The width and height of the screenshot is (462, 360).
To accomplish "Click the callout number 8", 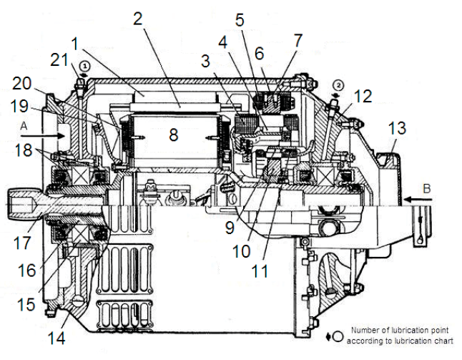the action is (x=174, y=135).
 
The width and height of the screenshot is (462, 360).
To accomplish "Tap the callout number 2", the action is (x=138, y=19).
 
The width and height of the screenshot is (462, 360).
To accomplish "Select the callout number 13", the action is (x=397, y=128).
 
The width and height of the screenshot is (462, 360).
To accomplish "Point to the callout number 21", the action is (x=59, y=60).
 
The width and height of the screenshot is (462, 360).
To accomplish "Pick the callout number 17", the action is (x=22, y=243).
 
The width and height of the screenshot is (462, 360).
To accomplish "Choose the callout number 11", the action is (x=260, y=271).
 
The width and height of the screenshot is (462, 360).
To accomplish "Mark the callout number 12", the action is (x=363, y=96).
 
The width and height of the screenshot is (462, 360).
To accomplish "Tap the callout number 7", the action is (x=298, y=40).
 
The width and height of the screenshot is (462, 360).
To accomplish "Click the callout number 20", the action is (x=21, y=83).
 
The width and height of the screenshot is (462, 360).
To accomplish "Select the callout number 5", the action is (x=240, y=20).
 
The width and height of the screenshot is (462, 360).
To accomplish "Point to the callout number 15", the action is (x=26, y=304).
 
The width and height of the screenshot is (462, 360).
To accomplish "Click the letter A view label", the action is (x=24, y=126).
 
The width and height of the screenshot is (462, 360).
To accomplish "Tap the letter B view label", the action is (x=427, y=189).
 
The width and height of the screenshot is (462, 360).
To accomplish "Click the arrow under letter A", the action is (x=43, y=136).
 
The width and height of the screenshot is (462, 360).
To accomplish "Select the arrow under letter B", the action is (x=418, y=200).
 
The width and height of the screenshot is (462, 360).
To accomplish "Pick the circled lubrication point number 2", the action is (x=338, y=85).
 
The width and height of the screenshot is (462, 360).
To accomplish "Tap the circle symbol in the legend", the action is (x=338, y=336).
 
